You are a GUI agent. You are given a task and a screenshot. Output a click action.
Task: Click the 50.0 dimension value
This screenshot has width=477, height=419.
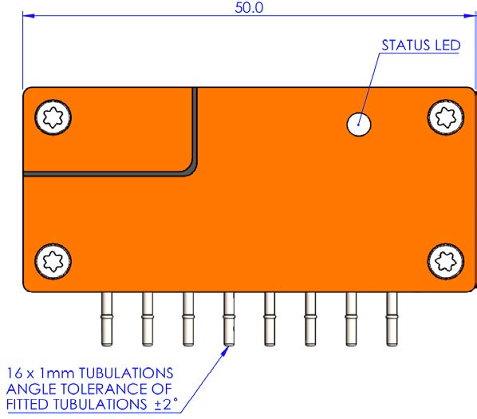coord(249,7)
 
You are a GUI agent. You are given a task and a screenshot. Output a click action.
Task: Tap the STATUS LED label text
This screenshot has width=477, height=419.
coord(421,45)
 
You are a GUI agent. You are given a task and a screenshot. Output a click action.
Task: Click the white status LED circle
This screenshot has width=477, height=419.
coord(359,125)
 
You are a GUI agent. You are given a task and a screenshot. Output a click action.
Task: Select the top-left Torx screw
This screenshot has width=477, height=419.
coord(53,117)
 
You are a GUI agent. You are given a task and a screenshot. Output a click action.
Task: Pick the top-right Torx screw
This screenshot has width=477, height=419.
coord(446,117)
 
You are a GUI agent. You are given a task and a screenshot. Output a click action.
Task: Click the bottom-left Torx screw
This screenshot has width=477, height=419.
coord(53,262)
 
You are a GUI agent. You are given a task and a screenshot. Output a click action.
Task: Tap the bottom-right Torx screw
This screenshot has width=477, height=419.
coord(446,262)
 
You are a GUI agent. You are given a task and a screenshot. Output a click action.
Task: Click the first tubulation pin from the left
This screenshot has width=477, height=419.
coord(107,319)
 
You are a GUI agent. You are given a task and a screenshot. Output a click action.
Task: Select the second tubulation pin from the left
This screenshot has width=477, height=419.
coord(148,319)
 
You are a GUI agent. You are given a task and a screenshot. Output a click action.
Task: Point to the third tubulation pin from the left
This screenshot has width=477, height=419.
coord(188,319)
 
